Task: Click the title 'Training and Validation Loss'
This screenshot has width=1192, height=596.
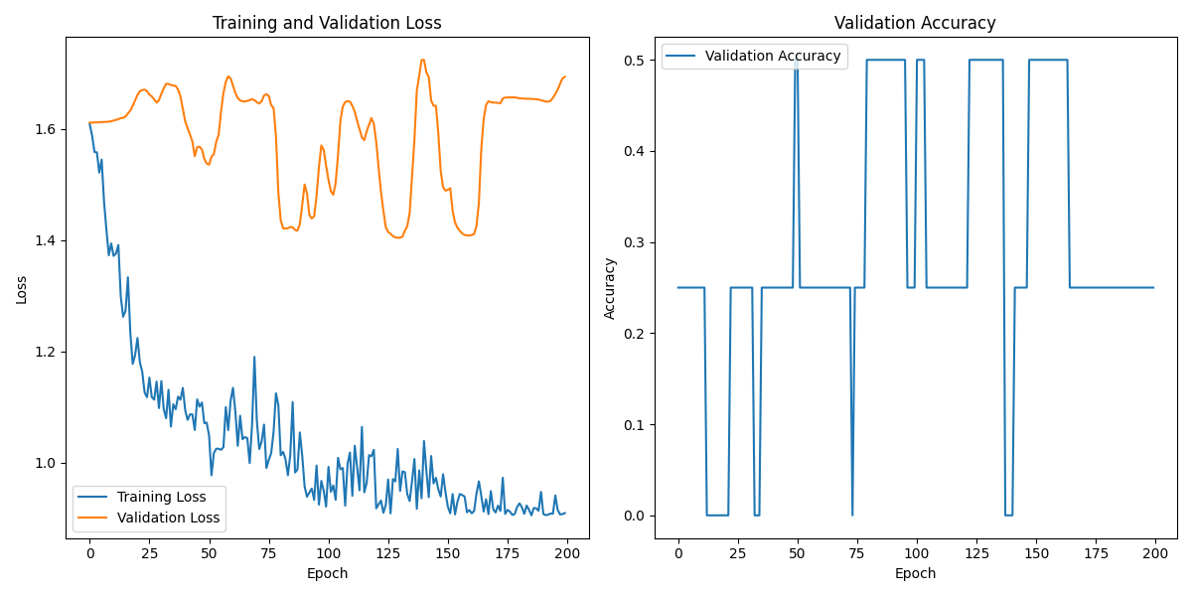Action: coord(327,23)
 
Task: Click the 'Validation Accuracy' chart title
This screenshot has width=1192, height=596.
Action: coord(915,23)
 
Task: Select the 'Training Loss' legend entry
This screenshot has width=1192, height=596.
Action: coord(161,497)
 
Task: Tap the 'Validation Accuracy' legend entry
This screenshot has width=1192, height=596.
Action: coord(773,57)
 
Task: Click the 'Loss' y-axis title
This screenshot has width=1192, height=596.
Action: coord(21,289)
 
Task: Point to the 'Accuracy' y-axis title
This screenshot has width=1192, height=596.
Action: coord(610,289)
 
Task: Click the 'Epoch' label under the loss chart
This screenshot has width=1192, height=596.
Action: coord(327,574)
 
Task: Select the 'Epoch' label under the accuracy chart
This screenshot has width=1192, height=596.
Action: coord(915,574)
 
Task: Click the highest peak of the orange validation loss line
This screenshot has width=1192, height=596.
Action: coord(422,60)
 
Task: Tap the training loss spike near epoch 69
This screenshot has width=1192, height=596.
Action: coord(254,357)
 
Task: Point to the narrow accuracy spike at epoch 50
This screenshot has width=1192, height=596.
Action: coord(797,62)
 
